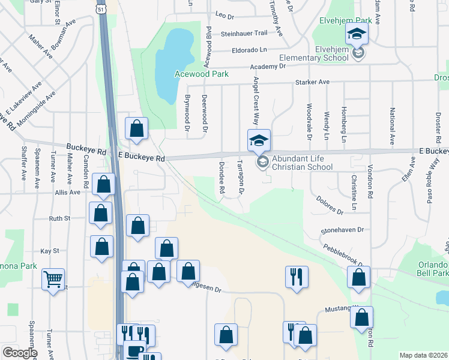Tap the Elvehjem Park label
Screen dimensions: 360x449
tap(346, 20)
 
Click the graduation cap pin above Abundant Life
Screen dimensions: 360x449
tap(259, 142)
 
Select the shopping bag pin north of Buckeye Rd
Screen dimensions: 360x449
tap(137, 129)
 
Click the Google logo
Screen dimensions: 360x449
tap(20, 353)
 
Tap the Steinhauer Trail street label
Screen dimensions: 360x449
tap(244, 34)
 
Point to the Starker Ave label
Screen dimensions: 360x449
tap(312, 82)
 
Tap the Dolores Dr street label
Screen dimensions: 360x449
tap(327, 204)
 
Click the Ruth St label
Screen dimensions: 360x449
tap(59, 219)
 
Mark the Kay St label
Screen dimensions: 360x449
tap(49, 250)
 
